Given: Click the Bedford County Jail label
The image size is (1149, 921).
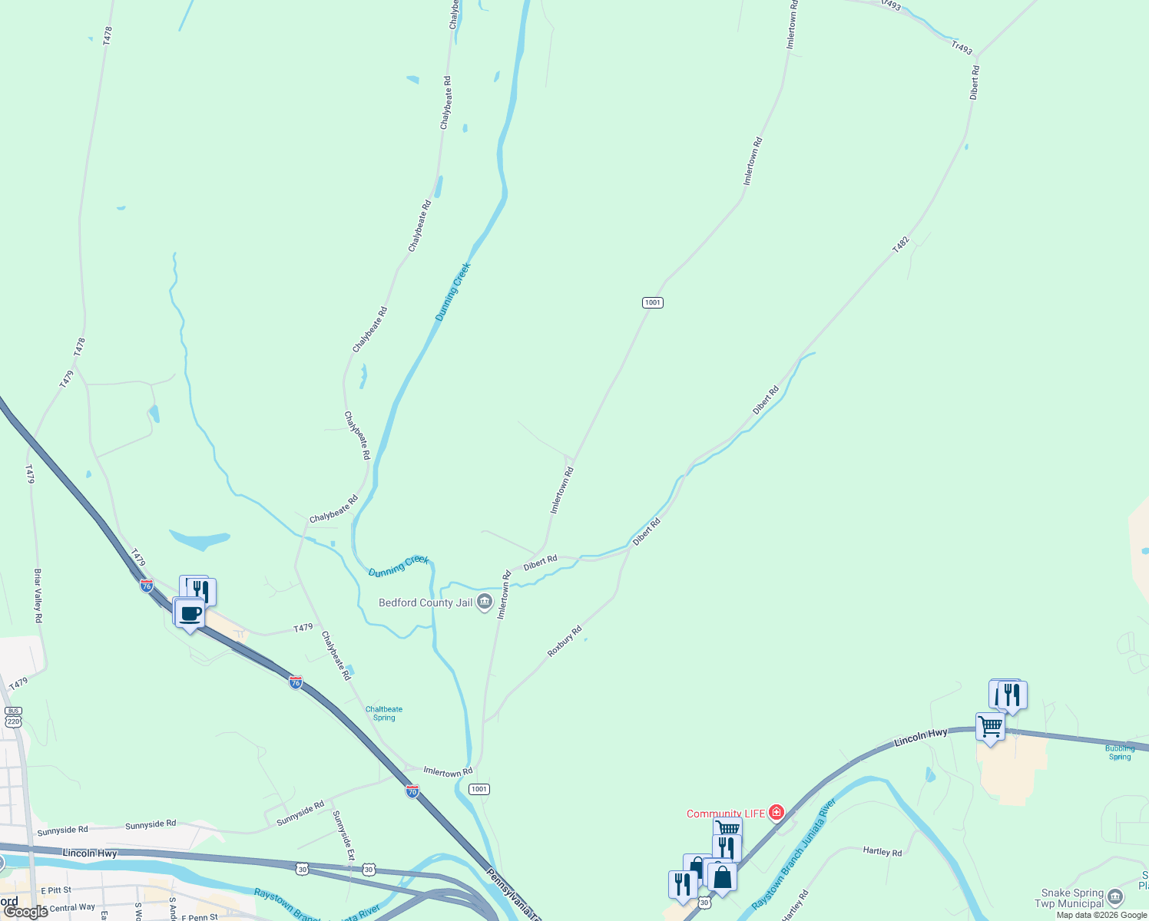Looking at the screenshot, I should [x=425, y=602].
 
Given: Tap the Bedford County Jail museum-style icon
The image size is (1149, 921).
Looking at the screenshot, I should [x=485, y=602].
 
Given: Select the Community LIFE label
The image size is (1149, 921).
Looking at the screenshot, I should [x=725, y=814].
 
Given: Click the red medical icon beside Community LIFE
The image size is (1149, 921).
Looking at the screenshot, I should [x=776, y=812].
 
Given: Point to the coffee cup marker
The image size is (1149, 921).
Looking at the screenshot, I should [x=190, y=613].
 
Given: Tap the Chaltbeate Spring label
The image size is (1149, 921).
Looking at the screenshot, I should [x=384, y=714].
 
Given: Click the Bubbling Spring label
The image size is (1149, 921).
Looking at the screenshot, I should [x=1120, y=753].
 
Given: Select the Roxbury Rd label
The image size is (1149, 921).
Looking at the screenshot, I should [x=565, y=642].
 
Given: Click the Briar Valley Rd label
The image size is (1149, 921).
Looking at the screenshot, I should [x=38, y=595].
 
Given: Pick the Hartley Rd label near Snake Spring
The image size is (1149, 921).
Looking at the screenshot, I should [x=882, y=851].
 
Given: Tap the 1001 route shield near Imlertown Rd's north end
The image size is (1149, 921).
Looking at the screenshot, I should [x=652, y=302].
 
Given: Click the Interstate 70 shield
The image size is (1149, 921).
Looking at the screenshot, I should [x=412, y=791].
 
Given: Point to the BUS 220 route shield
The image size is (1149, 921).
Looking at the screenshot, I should [x=13, y=717].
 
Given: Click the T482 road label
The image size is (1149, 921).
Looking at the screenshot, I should [x=901, y=245].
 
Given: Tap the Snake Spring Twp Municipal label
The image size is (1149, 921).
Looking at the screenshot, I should [x=1071, y=898].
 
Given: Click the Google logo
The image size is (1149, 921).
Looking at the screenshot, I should [x=25, y=912].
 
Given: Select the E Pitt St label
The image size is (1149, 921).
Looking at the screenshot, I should [x=56, y=890].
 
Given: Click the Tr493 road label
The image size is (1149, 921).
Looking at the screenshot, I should [x=962, y=48].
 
